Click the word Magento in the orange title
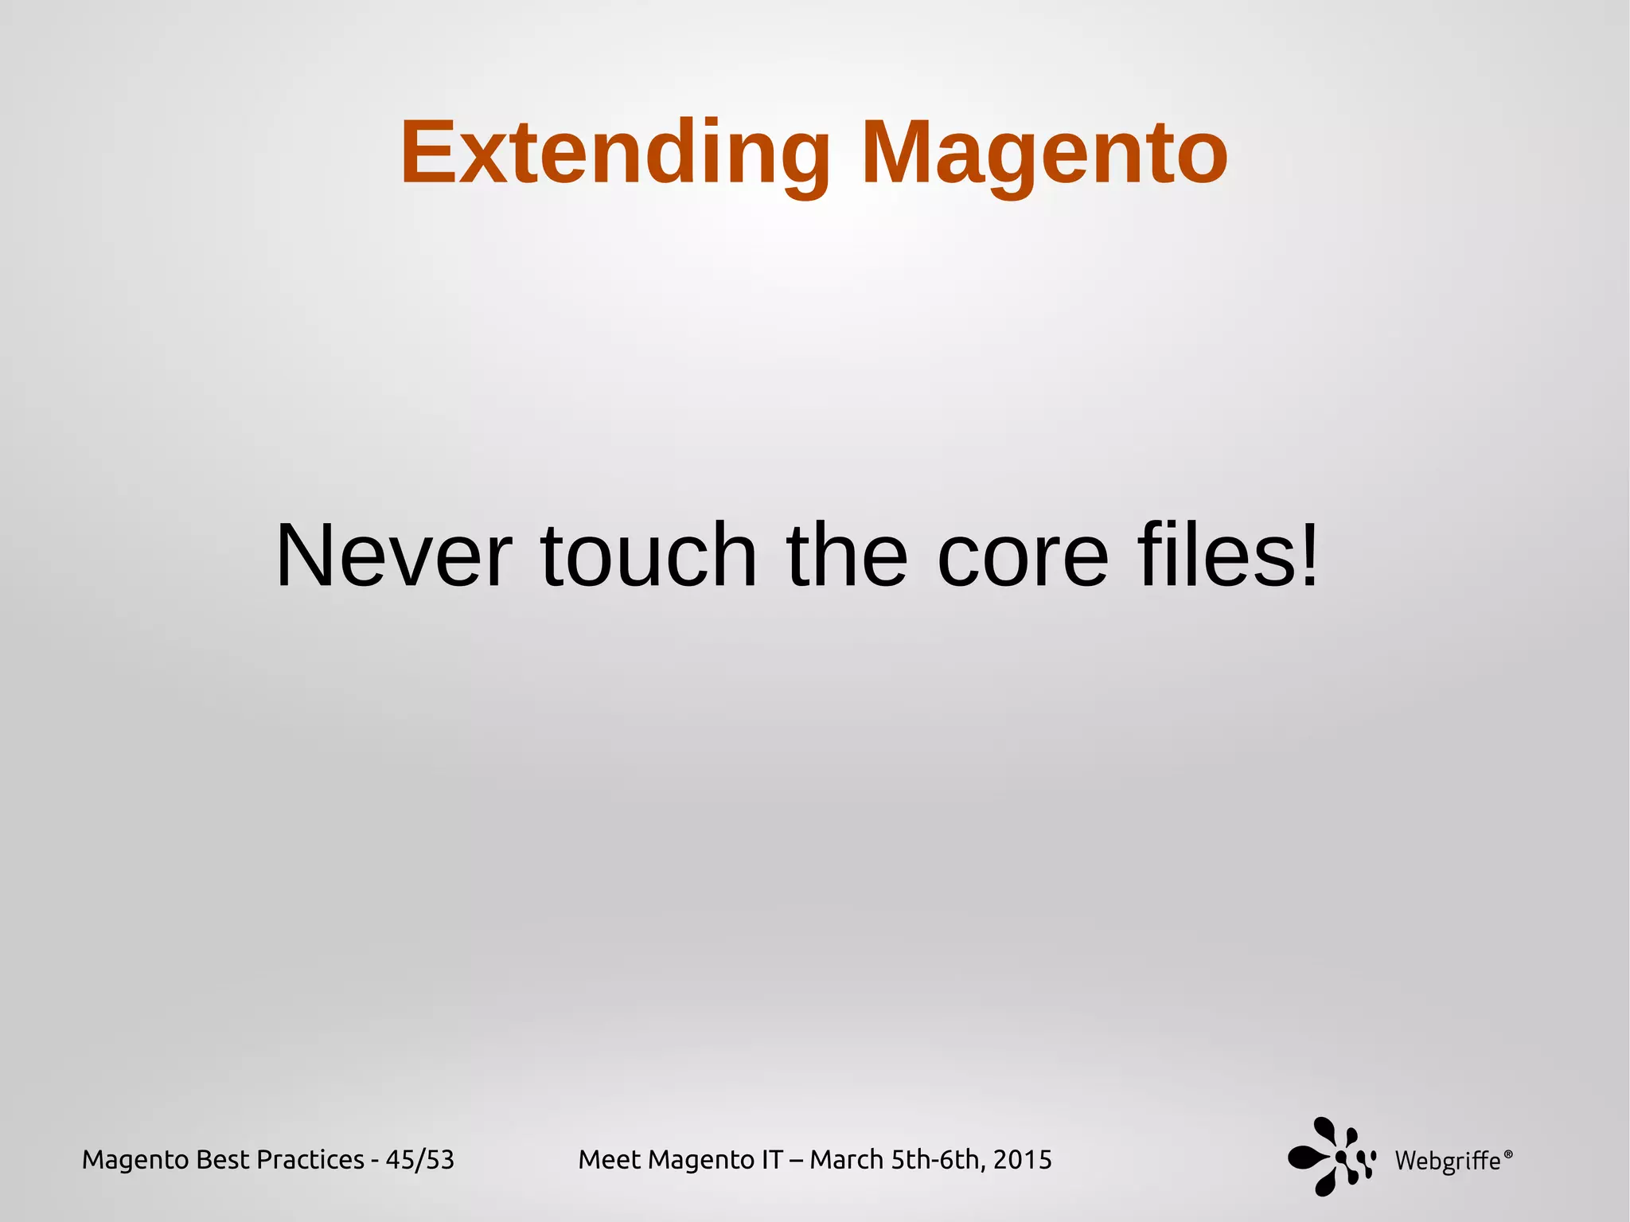pos(1044,153)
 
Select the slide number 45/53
pos(419,1160)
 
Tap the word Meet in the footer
pos(609,1160)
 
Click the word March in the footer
pos(846,1160)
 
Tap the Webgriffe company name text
pos(1448,1161)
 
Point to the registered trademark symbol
pos(1508,1153)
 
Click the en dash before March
pos(796,1161)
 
